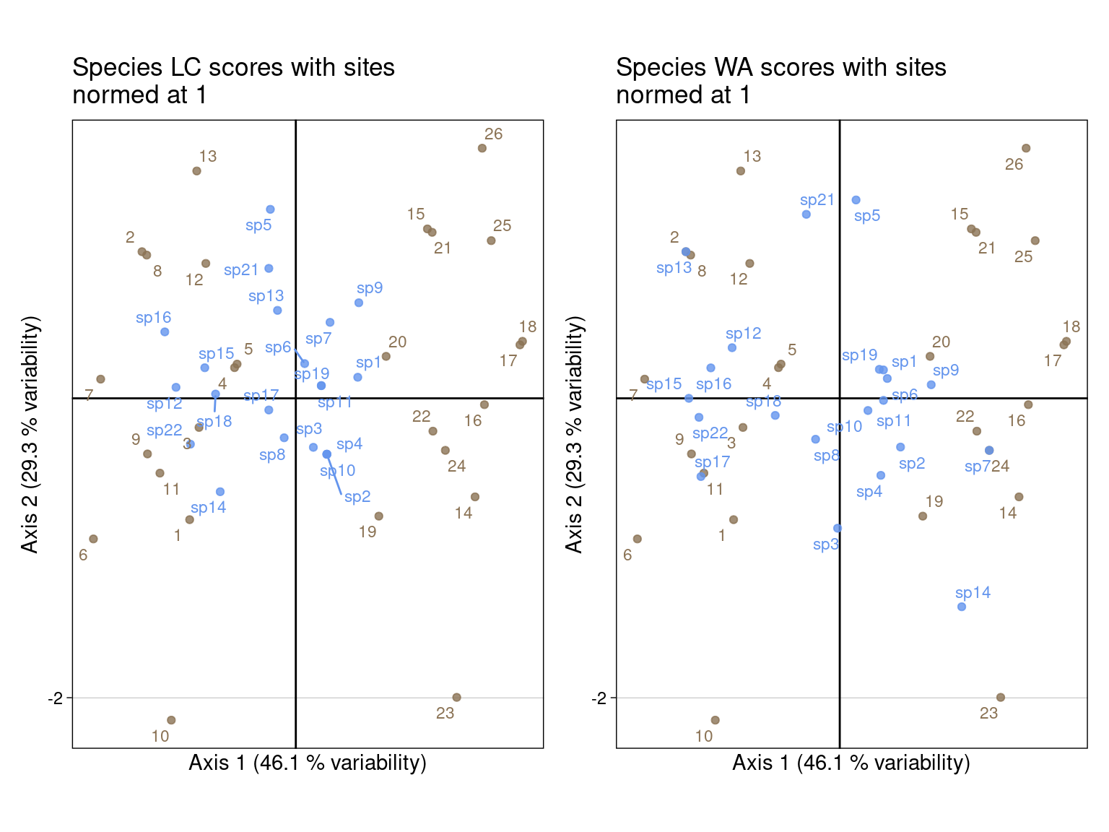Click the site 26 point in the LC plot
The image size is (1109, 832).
point(482,148)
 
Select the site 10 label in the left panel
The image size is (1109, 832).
point(160,736)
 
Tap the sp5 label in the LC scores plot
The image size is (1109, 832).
point(258,225)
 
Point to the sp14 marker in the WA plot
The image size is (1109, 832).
point(962,607)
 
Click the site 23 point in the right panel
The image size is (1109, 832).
point(1001,698)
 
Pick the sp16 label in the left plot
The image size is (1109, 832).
point(153,318)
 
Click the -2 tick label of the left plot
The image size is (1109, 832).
point(56,698)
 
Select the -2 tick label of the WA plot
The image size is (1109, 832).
point(599,698)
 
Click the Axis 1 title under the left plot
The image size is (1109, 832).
point(308,763)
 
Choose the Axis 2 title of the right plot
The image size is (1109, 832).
point(574,433)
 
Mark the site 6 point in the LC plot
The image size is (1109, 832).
point(93,539)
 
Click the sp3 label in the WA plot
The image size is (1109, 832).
point(826,545)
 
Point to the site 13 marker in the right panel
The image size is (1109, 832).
point(741,171)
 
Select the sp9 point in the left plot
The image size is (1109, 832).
point(359,303)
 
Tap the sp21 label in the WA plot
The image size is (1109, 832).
point(817,200)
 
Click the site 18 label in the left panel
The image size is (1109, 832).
point(528,327)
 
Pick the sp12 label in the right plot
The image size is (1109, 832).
point(744,334)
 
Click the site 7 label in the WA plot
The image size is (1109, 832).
point(633,396)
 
